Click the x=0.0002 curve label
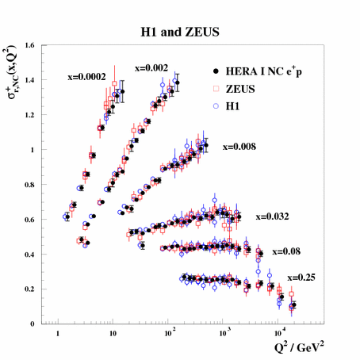coord(86,78)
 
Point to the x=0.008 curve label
coord(239,146)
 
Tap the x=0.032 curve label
coord(271,216)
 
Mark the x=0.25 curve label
coord(301,277)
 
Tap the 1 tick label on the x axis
coord(58,337)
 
